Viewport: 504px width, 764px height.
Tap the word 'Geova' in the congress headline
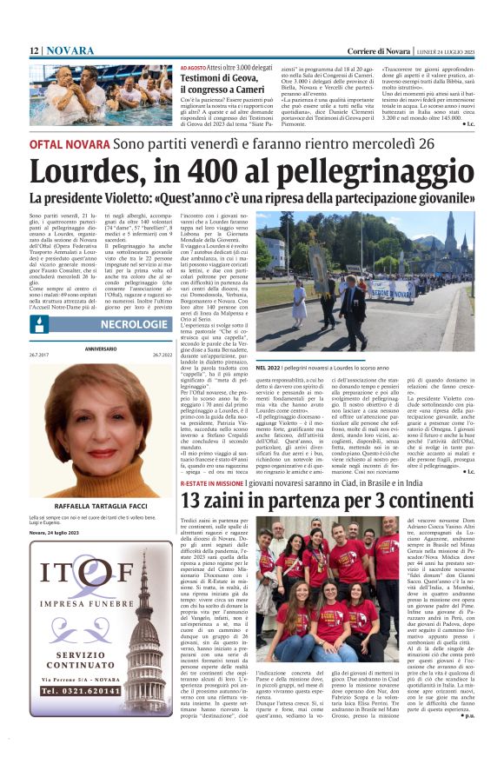pos(243,79)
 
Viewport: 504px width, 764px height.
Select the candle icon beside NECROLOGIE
pos(38,323)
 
